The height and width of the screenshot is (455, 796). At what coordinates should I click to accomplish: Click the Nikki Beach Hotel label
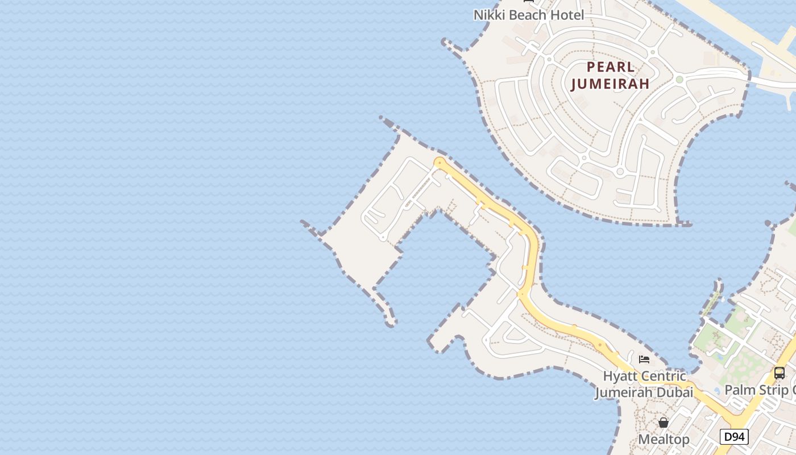tap(529, 15)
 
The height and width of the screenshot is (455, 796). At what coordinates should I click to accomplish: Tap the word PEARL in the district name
tap(611, 67)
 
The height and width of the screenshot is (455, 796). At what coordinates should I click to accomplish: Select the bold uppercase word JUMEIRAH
tap(610, 84)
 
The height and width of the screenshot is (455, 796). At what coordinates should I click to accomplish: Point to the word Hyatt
tap(620, 377)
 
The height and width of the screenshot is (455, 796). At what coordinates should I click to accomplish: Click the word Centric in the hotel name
tap(664, 377)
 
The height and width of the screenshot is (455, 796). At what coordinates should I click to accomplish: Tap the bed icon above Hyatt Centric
tap(644, 359)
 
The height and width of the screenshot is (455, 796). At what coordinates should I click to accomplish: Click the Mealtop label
tap(664, 439)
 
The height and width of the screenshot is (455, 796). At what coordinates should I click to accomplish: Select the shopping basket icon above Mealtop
tap(664, 423)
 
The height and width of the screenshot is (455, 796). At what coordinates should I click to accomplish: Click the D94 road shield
tap(734, 437)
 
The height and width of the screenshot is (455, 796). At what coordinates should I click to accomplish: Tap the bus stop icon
tap(780, 373)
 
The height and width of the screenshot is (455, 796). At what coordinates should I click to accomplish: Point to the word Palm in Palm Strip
tap(739, 390)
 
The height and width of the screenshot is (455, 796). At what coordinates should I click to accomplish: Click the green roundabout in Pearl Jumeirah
tap(679, 80)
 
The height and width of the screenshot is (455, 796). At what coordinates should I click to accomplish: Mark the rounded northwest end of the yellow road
tap(438, 163)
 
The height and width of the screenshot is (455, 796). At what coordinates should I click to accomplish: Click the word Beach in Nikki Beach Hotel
tap(529, 15)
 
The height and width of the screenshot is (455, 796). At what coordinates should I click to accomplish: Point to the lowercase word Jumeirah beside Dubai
tap(623, 392)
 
